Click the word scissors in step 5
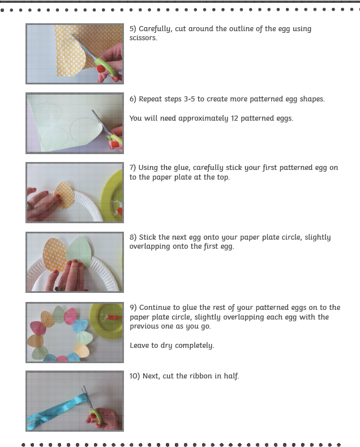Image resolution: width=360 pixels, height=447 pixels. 143,38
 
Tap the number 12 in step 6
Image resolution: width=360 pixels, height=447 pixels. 234,118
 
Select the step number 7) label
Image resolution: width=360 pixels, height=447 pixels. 132,168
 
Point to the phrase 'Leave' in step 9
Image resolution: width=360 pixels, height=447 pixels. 139,346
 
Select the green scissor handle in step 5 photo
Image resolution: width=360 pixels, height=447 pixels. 106,67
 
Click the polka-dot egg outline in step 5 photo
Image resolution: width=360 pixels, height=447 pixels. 71,57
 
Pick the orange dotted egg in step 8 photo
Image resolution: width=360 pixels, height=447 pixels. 55,255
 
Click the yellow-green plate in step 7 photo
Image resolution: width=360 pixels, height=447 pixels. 112,196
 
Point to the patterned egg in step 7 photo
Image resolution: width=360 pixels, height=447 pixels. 65,195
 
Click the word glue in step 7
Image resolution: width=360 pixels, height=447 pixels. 182,168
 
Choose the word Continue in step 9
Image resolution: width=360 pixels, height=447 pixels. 156,308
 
